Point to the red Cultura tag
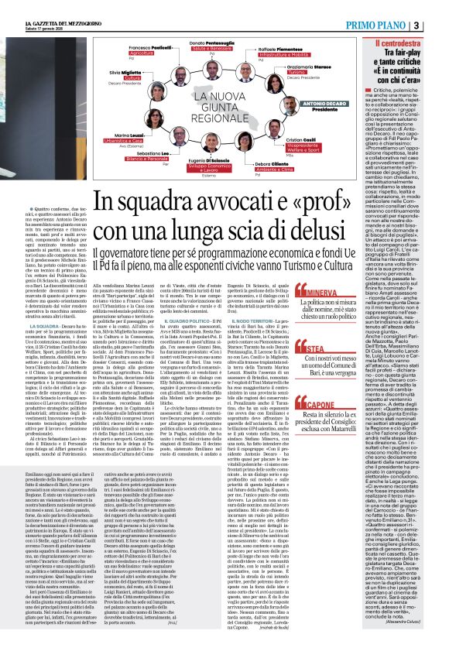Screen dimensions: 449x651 (133, 78)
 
